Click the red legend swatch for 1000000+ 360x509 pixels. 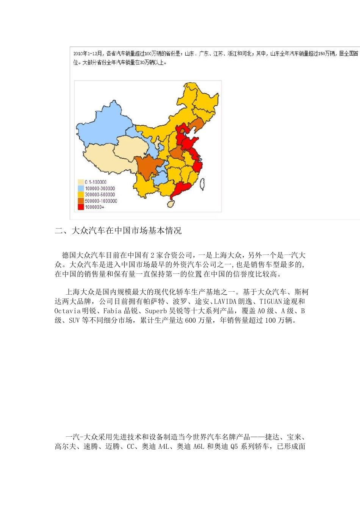[80, 207]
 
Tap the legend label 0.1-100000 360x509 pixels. [95, 182]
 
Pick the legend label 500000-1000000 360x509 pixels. [101, 201]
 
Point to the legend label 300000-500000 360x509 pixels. [100, 195]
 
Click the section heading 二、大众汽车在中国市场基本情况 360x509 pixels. [118, 231]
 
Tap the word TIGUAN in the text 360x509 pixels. [271, 301]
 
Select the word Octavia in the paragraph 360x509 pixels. [67, 311]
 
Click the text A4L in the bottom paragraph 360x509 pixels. [163, 447]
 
